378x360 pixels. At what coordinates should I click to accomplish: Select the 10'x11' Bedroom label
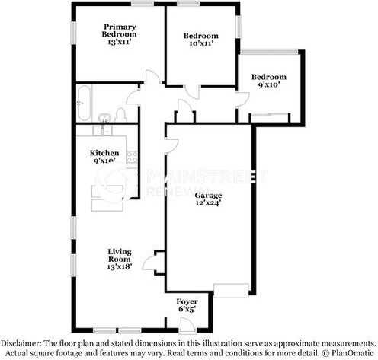pos(201,36)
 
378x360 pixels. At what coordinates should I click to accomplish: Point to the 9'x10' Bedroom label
pos(269,77)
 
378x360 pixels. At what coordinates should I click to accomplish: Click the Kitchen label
pos(104,152)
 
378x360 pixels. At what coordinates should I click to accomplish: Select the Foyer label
pos(187,301)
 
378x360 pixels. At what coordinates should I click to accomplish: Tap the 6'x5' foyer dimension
pos(187,311)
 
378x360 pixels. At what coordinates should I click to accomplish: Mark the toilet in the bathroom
pos(120,116)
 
